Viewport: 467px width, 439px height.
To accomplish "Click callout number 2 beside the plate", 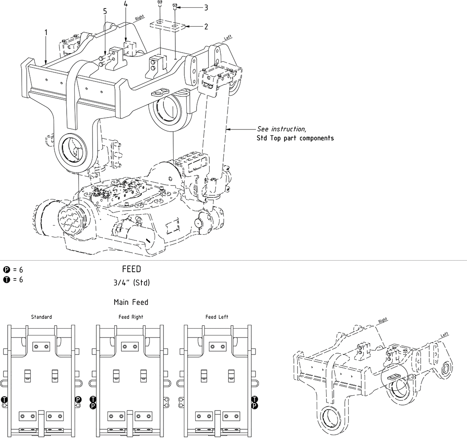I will (206, 27).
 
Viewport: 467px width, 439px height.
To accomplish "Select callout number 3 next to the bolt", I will (206, 7).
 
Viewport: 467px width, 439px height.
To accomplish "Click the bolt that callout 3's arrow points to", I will (175, 7).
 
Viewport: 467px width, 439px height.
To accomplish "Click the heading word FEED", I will (132, 269).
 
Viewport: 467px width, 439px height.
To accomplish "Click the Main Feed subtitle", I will (131, 302).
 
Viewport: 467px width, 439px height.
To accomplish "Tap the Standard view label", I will (42, 317).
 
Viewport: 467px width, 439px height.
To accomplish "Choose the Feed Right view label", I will (131, 317).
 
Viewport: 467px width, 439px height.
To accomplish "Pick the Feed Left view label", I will (217, 317).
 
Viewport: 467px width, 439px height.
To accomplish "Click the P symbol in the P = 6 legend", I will (6, 270).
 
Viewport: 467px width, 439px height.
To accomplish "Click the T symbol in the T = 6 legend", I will (6, 279).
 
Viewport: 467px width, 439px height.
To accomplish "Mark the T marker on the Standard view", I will (5, 399).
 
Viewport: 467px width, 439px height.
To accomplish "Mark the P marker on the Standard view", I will (78, 399).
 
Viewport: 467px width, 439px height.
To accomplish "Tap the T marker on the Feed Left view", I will (255, 399).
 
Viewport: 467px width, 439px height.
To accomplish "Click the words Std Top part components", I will (295, 138).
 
